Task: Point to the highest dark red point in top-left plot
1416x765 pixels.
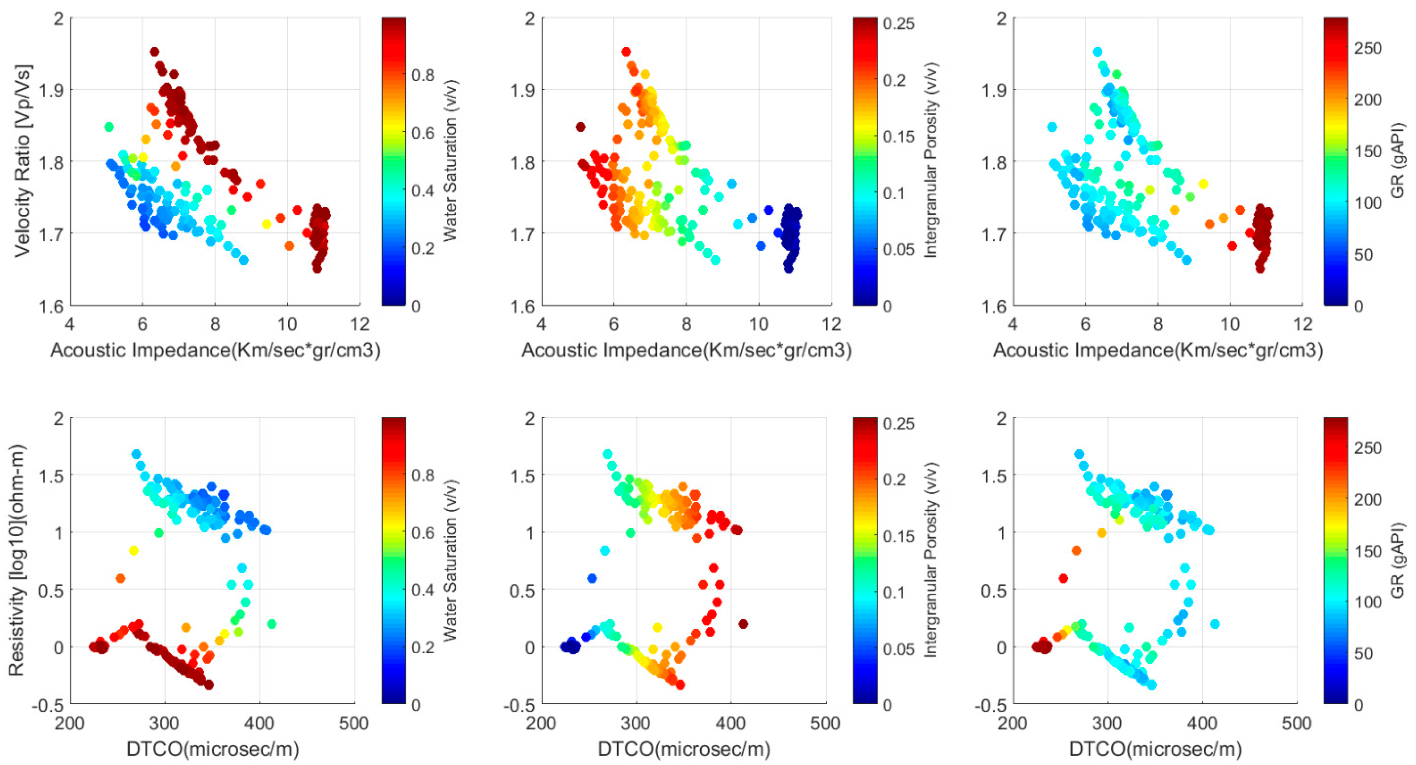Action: click(x=154, y=52)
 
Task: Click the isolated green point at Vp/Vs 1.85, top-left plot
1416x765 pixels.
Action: click(x=109, y=127)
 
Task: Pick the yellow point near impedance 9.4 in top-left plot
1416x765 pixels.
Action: click(x=267, y=224)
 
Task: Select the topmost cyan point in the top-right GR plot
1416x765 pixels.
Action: click(x=1097, y=52)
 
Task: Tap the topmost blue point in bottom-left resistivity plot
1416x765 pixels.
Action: click(x=136, y=454)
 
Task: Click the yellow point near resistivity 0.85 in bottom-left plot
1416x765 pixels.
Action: click(x=133, y=551)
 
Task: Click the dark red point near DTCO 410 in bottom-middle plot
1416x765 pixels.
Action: click(x=743, y=624)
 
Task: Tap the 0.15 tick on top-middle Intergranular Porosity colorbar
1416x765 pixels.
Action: click(x=899, y=136)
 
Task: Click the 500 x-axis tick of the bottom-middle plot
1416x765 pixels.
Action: click(x=825, y=723)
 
